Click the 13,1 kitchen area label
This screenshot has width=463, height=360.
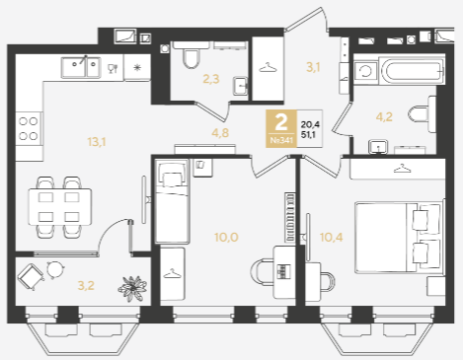click(97, 142)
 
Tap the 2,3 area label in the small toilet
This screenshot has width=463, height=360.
click(211, 79)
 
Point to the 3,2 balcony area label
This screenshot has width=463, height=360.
click(86, 285)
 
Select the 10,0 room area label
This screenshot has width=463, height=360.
click(226, 237)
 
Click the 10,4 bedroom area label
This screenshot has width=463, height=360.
click(332, 237)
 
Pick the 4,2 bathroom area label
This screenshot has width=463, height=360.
click(384, 116)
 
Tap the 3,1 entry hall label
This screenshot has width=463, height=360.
click(313, 67)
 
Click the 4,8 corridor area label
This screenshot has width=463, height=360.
click(220, 133)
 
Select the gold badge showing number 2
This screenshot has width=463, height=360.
click(281, 128)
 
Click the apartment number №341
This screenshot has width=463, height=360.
click(281, 140)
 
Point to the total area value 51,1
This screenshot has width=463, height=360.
click(308, 134)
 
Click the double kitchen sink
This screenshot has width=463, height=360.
click(81, 68)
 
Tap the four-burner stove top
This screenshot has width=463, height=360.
click(29, 128)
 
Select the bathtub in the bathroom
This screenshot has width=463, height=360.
click(412, 71)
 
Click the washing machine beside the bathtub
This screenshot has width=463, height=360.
click(365, 71)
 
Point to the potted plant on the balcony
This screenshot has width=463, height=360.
click(132, 288)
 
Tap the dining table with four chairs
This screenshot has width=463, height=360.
click(60, 207)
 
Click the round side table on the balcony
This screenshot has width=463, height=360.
click(55, 269)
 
